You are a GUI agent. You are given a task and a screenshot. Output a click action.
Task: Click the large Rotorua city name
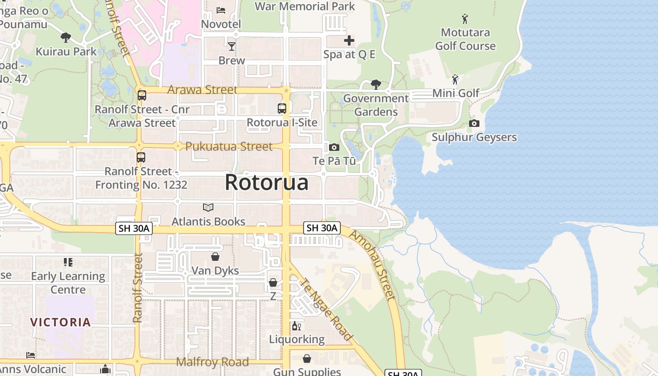(266, 182)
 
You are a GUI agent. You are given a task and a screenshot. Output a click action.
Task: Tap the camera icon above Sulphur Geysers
(474, 124)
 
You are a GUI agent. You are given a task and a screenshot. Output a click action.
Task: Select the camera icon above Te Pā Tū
(334, 148)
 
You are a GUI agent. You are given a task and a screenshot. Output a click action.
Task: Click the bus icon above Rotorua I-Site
(282, 109)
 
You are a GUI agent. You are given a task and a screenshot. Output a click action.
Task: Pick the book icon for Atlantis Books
(208, 207)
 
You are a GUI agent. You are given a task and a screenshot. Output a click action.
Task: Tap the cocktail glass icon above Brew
(232, 46)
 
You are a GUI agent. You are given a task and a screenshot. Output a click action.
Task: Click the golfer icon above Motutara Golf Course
(465, 19)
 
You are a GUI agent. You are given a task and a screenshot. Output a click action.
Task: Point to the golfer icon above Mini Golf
(455, 79)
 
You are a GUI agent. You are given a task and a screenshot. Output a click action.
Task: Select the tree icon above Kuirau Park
(66, 38)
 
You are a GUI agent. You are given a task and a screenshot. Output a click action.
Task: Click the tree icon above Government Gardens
(376, 85)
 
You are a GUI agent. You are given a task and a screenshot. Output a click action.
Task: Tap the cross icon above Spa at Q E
(349, 40)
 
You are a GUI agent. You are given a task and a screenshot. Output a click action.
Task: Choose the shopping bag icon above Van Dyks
(215, 257)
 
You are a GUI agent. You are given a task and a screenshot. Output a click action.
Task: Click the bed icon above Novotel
(221, 10)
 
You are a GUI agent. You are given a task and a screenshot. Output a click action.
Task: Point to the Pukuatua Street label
(229, 146)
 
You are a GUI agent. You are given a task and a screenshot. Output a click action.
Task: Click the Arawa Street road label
(203, 89)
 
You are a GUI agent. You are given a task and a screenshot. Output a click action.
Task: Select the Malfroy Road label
(212, 362)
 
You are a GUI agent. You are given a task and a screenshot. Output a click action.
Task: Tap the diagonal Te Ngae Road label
(325, 310)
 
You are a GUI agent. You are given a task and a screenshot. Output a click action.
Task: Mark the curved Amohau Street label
(373, 266)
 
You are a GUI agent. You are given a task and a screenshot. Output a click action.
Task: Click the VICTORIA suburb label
(61, 322)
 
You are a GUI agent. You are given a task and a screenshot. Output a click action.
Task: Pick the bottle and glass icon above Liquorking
(297, 326)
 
